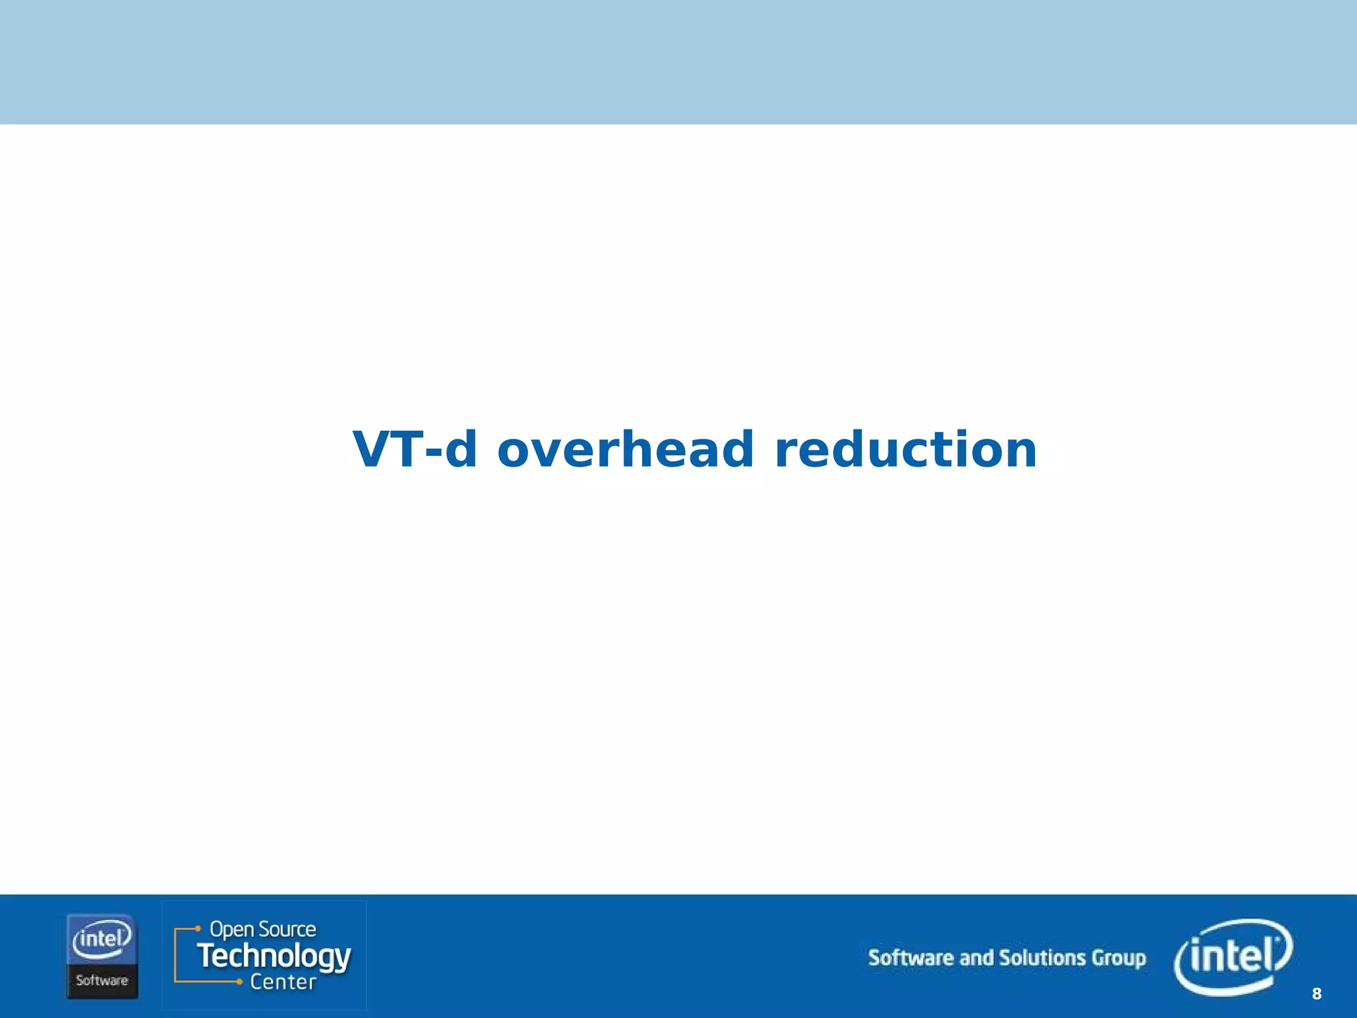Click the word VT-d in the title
(414, 449)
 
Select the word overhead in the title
(625, 449)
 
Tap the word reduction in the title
(905, 449)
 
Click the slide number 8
(1316, 993)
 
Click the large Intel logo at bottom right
(1233, 956)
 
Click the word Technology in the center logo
(274, 956)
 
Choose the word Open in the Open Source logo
(232, 929)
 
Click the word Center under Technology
(283, 982)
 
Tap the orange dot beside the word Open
(197, 929)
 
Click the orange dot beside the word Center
(239, 982)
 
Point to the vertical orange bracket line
(175, 955)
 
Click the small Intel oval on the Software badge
(102, 940)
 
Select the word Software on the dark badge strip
(102, 980)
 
